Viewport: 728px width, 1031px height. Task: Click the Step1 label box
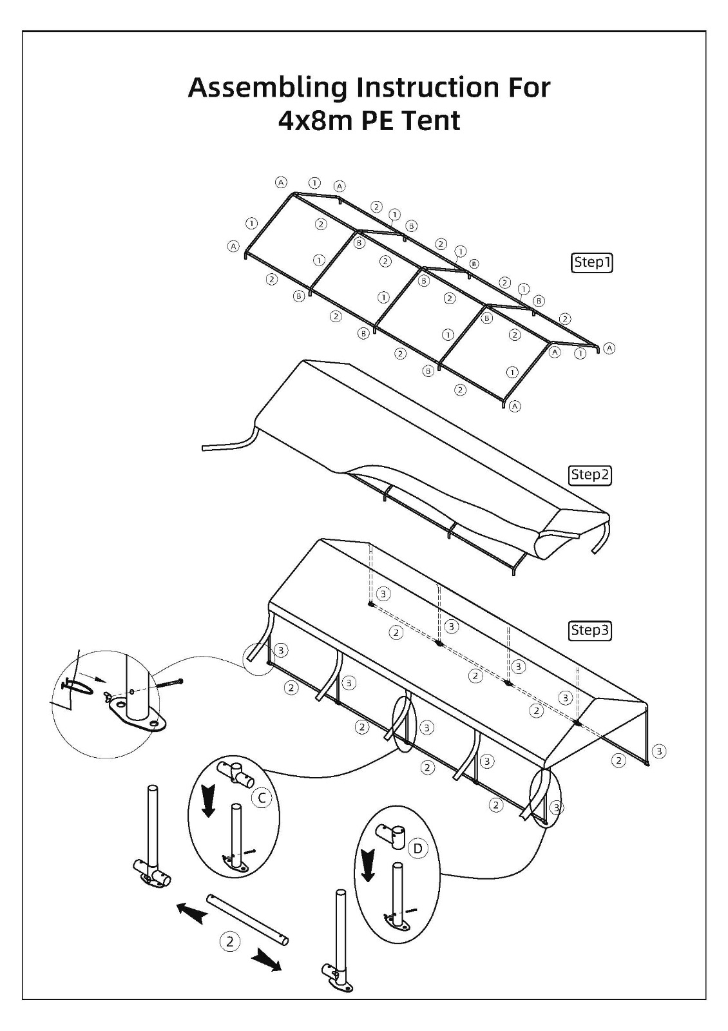coord(591,263)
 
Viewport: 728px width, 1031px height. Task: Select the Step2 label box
coord(590,474)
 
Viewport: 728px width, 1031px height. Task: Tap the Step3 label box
coord(590,630)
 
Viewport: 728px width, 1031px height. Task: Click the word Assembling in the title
coord(267,89)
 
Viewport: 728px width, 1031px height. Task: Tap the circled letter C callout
coord(262,798)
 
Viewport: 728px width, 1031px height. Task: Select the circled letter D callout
coord(418,848)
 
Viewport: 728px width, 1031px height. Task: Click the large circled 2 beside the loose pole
coord(230,941)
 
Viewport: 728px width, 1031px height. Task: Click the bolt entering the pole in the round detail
coord(170,683)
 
